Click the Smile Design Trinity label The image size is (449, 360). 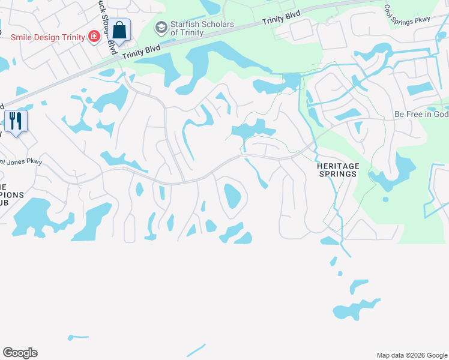click(49, 37)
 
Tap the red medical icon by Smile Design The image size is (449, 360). click(94, 37)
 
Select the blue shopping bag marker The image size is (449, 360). click(119, 31)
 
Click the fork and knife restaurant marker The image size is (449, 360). click(16, 121)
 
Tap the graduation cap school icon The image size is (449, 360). click(161, 28)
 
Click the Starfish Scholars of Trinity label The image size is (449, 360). click(194, 28)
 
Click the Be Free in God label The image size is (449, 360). click(421, 114)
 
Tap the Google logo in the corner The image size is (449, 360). click(20, 353)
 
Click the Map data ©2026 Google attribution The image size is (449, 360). click(411, 355)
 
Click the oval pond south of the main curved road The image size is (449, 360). click(232, 196)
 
